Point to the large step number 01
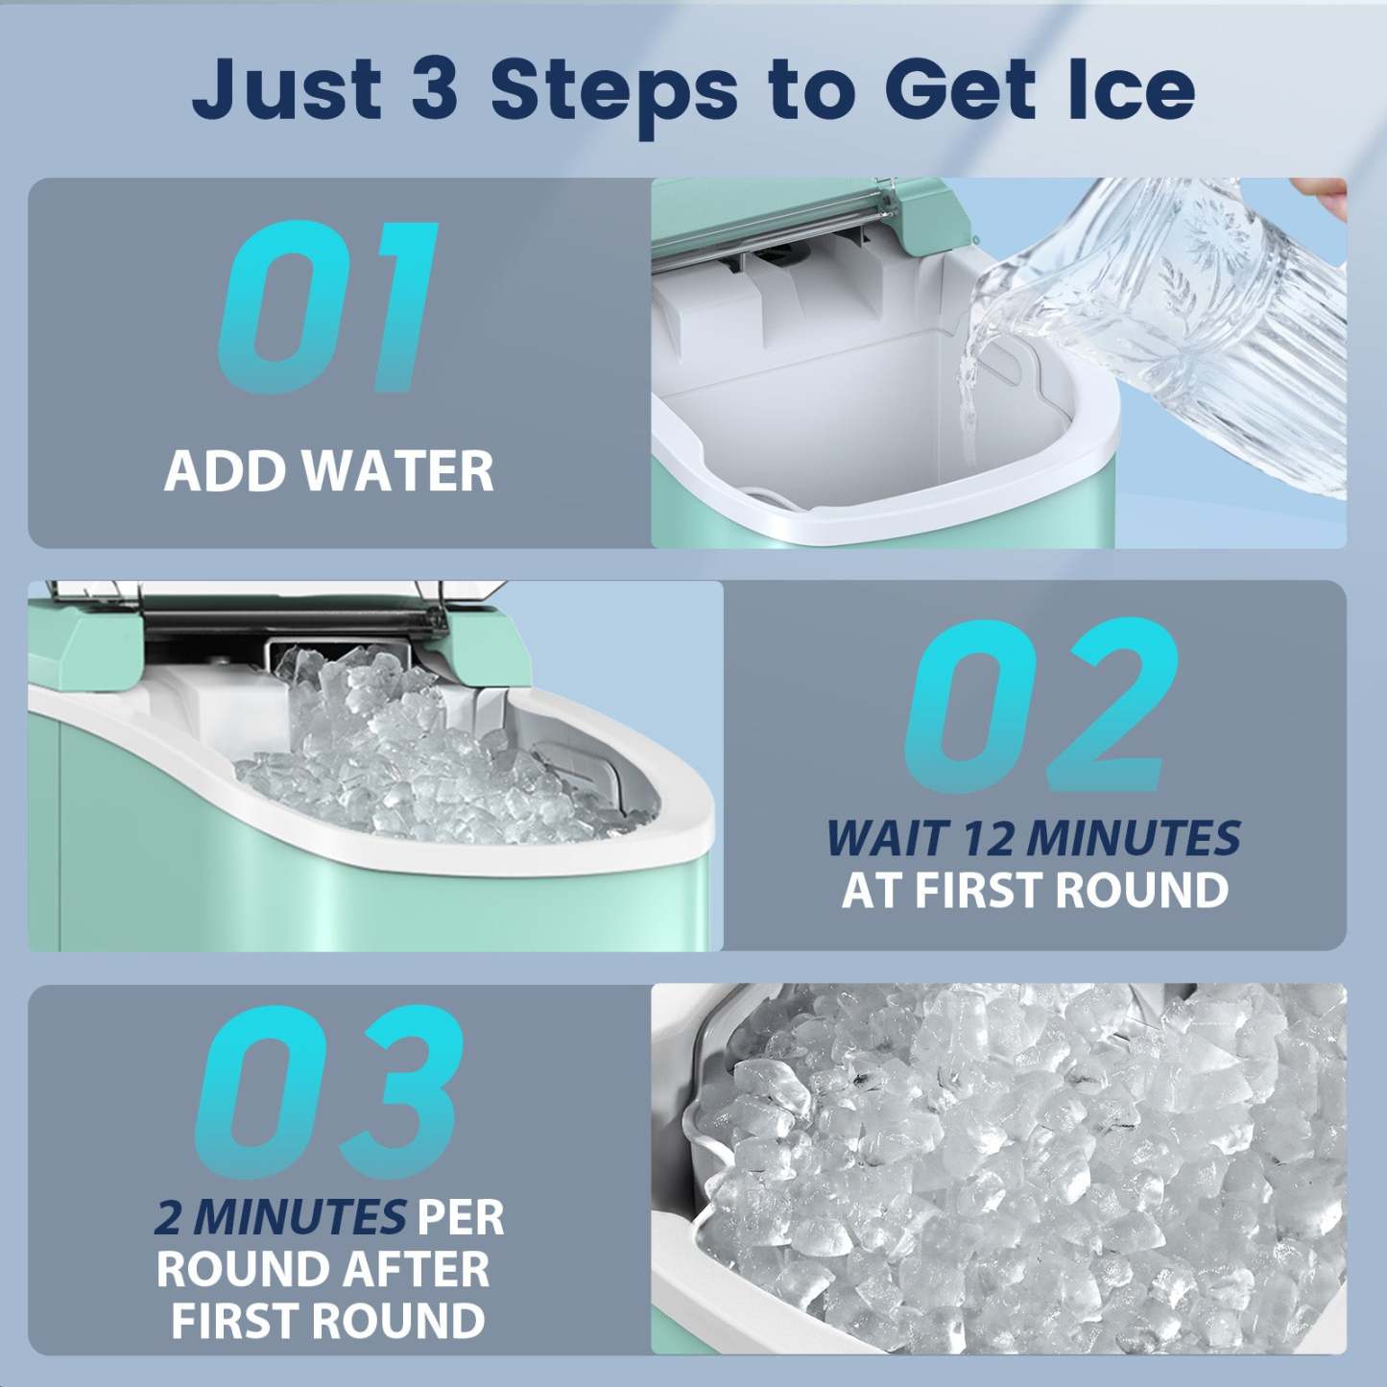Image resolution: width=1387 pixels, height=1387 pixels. [x=328, y=307]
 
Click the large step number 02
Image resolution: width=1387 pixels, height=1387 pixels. [x=1041, y=705]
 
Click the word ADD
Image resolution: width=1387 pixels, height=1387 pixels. [x=226, y=472]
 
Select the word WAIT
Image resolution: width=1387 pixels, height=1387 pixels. [x=888, y=839]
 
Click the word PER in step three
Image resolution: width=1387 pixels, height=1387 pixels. [x=461, y=1218]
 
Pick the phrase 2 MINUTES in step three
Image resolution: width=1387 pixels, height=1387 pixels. [x=279, y=1218]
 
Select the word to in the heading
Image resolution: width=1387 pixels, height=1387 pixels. [x=813, y=90]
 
